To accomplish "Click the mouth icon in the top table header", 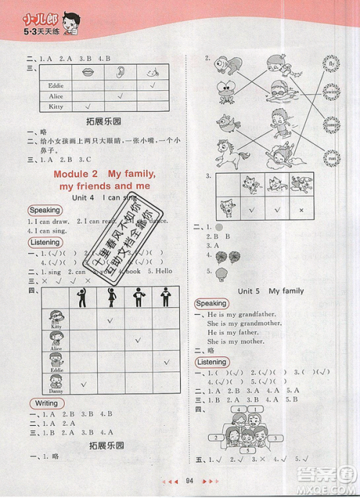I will [x=88, y=72].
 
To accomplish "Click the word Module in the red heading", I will [x=76, y=175].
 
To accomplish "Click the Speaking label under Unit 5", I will [x=211, y=304].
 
